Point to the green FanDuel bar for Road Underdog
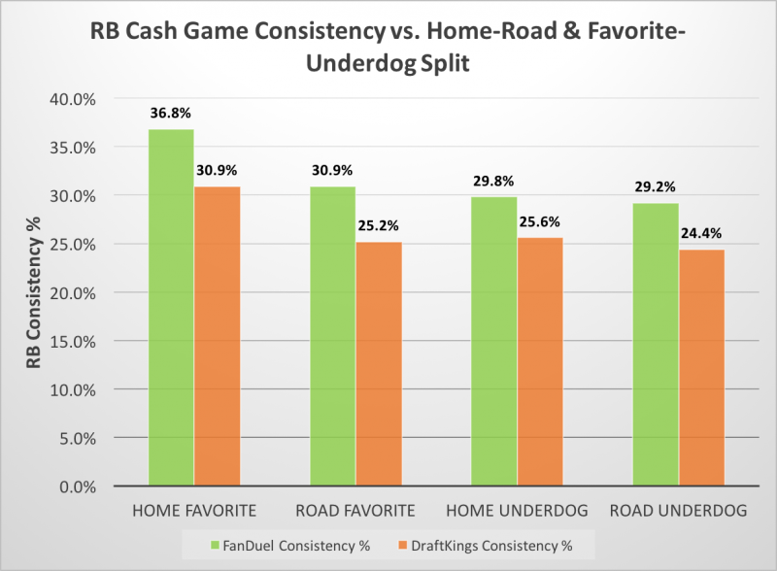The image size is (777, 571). click(655, 344)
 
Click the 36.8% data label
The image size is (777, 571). click(171, 113)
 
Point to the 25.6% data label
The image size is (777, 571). click(539, 221)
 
